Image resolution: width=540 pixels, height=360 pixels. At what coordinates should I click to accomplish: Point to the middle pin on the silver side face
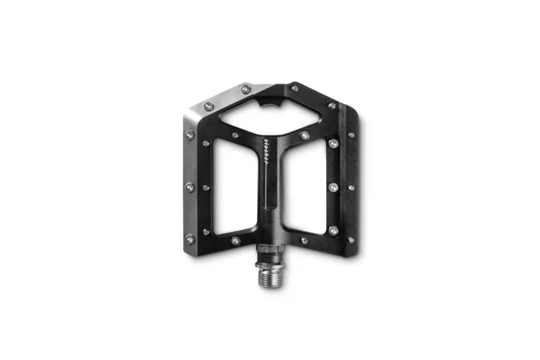click(190, 186)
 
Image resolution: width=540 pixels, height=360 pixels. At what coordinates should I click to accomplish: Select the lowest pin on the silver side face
click(190, 238)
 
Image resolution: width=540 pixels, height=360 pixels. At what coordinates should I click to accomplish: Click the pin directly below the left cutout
click(235, 240)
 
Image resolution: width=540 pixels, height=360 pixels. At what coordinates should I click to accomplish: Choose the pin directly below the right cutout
click(304, 240)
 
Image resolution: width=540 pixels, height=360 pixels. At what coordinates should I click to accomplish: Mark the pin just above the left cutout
click(235, 135)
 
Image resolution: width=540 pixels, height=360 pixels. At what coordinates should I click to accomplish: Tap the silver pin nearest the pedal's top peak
click(246, 88)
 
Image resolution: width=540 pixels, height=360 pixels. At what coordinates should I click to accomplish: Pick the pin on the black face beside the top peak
click(294, 88)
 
